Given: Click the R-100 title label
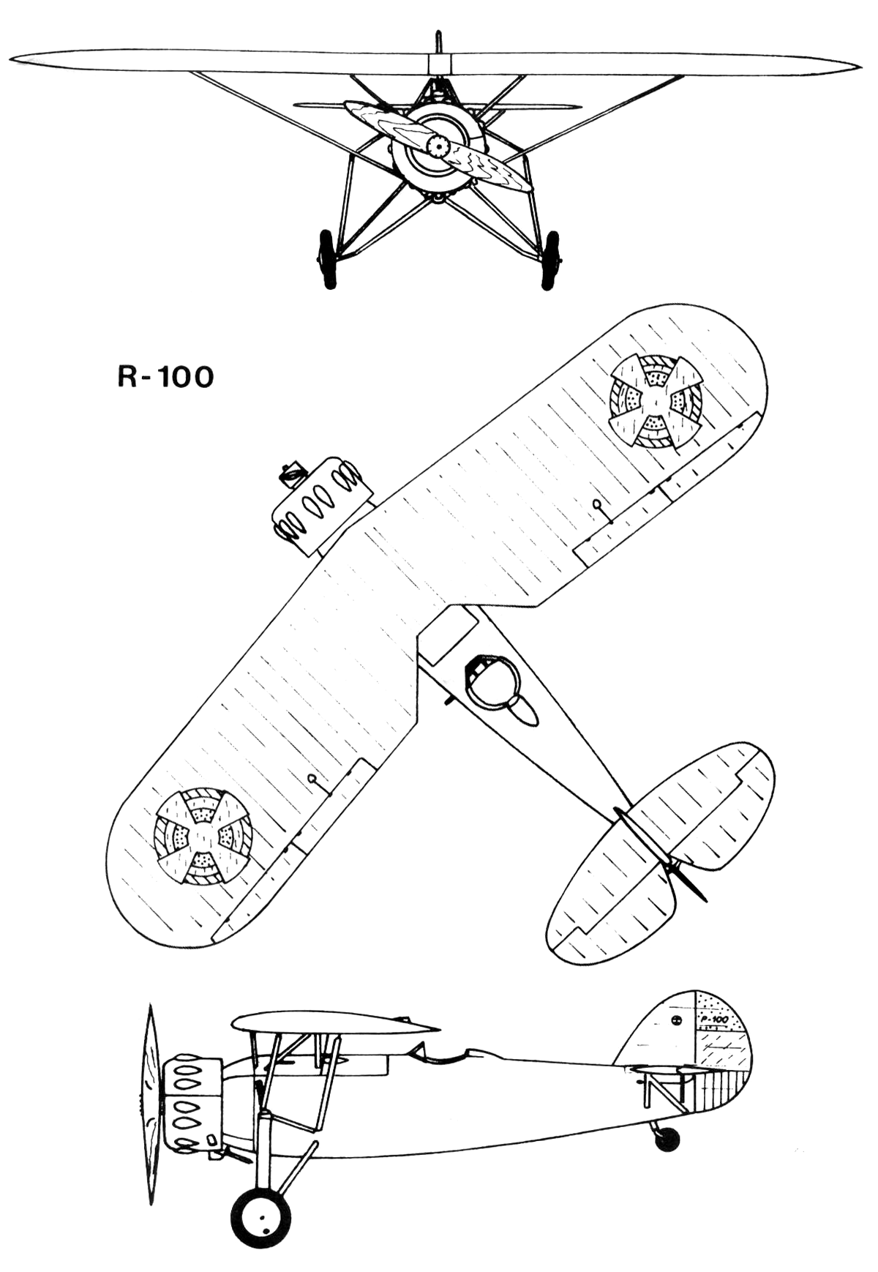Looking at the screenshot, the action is click(x=165, y=377).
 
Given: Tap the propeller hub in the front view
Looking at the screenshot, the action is click(x=438, y=146).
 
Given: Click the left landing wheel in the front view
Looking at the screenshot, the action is click(x=327, y=259).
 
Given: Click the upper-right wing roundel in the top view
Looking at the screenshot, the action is click(x=656, y=400).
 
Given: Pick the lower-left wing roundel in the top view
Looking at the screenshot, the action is click(x=203, y=836).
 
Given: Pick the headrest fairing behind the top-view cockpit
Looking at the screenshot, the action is click(x=522, y=709).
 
